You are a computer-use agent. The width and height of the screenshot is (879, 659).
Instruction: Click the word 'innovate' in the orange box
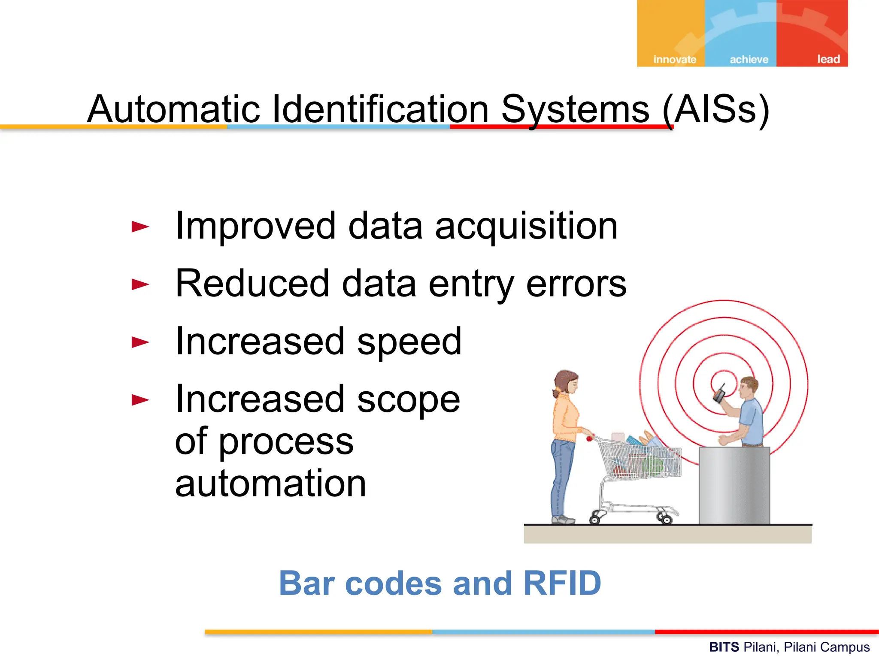tap(674, 59)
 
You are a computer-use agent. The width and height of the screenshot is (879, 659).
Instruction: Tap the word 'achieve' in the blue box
tap(749, 59)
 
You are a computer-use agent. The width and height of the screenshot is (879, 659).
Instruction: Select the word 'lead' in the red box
tap(828, 59)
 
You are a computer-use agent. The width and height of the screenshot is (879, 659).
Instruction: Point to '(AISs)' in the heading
tap(715, 110)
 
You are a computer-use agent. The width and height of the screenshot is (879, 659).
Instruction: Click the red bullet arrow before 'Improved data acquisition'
tap(140, 227)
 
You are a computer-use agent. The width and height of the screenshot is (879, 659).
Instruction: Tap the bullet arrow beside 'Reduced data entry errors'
tap(140, 284)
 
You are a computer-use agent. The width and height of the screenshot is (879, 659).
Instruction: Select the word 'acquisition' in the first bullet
tap(526, 227)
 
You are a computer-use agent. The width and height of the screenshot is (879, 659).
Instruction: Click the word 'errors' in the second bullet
tap(576, 284)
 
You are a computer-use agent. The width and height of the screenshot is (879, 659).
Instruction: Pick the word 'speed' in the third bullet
tap(409, 342)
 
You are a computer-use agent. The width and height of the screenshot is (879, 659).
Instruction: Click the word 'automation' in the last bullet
tap(270, 483)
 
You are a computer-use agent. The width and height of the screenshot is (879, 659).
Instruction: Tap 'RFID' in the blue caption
tap(562, 583)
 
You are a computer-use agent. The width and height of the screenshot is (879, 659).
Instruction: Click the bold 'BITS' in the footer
tap(724, 647)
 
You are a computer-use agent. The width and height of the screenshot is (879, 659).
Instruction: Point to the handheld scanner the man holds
tap(719, 394)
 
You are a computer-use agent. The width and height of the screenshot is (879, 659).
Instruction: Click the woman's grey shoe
tap(563, 520)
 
